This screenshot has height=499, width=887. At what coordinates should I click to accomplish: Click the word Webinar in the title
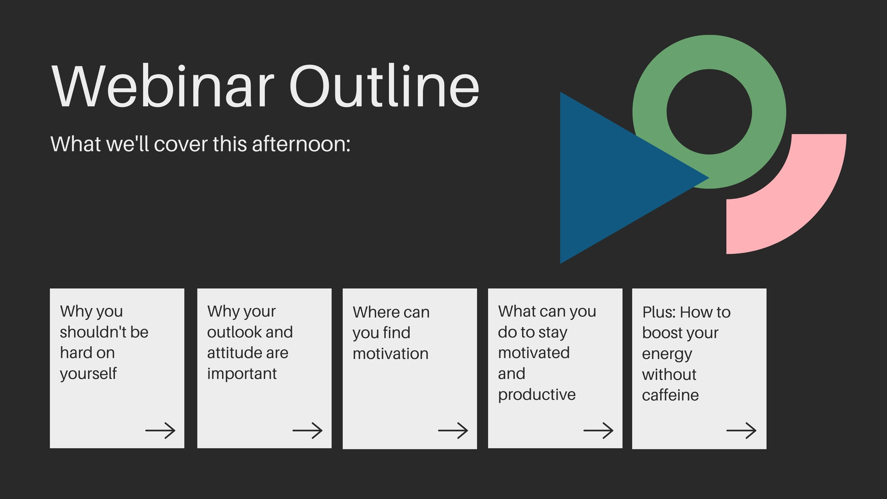tap(163, 85)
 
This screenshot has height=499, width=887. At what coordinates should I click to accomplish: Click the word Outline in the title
tap(385, 85)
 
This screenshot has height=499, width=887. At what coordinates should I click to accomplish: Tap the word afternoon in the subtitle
tap(301, 144)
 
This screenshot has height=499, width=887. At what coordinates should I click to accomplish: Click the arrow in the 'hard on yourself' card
tap(160, 430)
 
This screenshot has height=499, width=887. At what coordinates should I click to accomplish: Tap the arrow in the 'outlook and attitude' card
tap(307, 430)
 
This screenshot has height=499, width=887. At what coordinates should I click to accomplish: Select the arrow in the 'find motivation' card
tap(453, 430)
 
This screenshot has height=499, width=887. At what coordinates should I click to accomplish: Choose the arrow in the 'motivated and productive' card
tap(598, 430)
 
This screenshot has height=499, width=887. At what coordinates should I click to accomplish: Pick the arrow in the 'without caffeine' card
tap(741, 430)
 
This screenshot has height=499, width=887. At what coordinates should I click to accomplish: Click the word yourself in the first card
tap(88, 374)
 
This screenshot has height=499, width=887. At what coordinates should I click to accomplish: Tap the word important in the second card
tap(242, 374)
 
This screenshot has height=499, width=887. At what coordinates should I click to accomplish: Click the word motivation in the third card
tap(390, 354)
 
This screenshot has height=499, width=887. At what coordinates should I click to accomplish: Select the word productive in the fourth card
tap(537, 395)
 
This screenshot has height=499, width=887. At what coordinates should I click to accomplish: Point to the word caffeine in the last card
tap(670, 395)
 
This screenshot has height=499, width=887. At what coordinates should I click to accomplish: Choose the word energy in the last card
tap(667, 355)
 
